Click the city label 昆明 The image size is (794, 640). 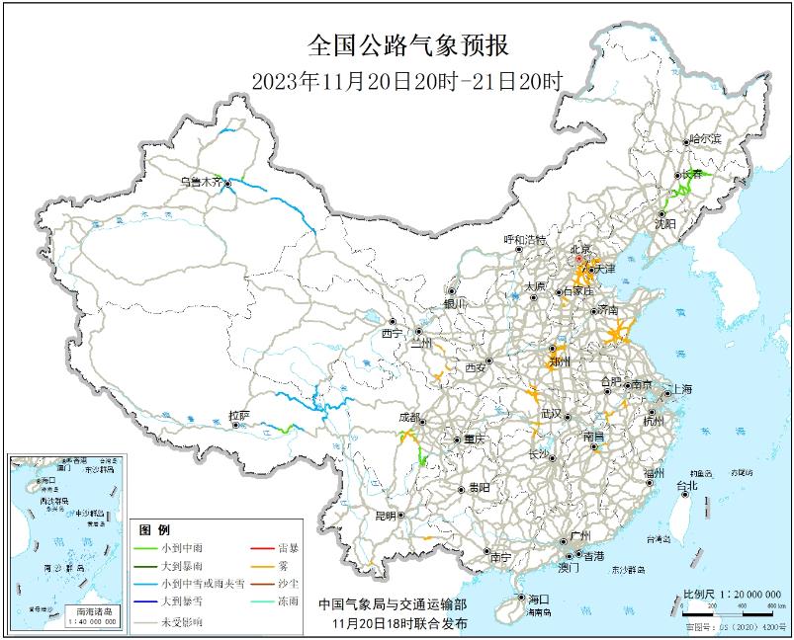pyautogui.click(x=384, y=516)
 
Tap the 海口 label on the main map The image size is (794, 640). pyautogui.click(x=538, y=600)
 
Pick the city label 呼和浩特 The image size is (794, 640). pyautogui.click(x=524, y=239)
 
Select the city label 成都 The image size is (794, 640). pyautogui.click(x=406, y=418)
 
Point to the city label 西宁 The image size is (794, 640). pyautogui.click(x=393, y=334)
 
